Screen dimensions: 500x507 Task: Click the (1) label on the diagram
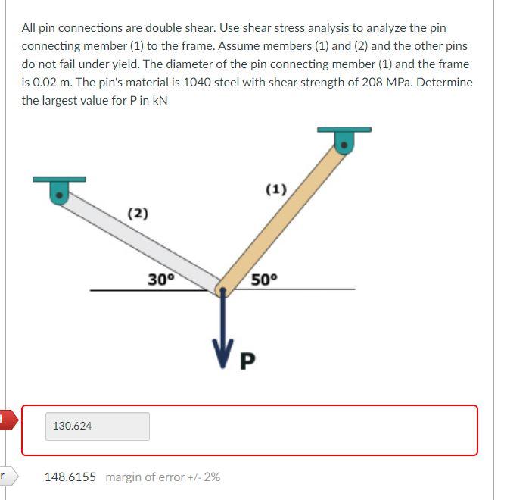coord(276,189)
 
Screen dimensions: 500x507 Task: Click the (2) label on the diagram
coord(137,214)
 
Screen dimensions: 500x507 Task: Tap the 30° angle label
coord(160,279)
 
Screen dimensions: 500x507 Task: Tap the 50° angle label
coord(265,279)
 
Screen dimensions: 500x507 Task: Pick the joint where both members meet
coord(222,289)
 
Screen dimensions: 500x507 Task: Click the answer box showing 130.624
coord(98,427)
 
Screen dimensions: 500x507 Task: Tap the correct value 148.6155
coord(70,477)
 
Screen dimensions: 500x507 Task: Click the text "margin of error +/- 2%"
coord(163,477)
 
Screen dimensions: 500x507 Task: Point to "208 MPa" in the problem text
coord(386,83)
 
